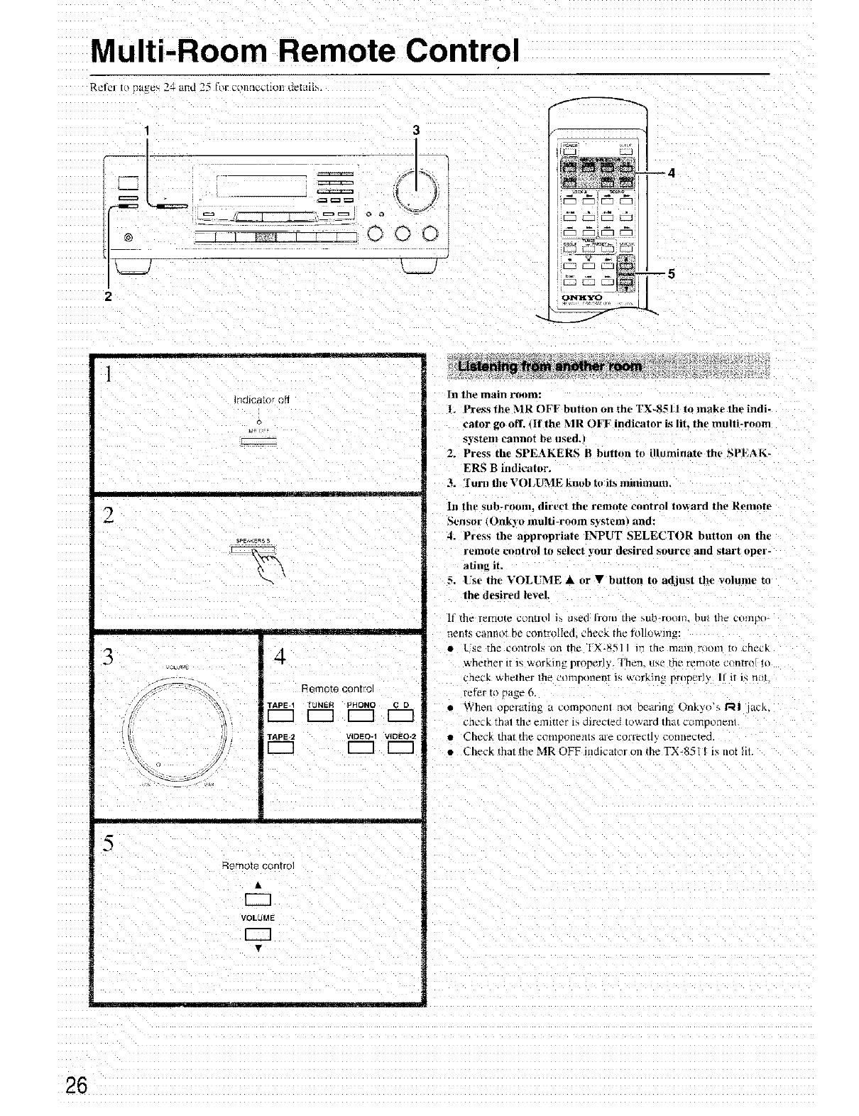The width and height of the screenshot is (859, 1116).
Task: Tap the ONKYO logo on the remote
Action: point(582,297)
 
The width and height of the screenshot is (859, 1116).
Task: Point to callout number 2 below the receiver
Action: point(109,297)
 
